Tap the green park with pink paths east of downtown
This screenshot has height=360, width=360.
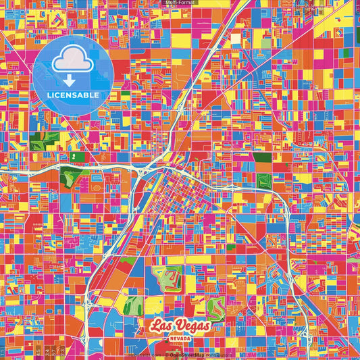tap(263, 181)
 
